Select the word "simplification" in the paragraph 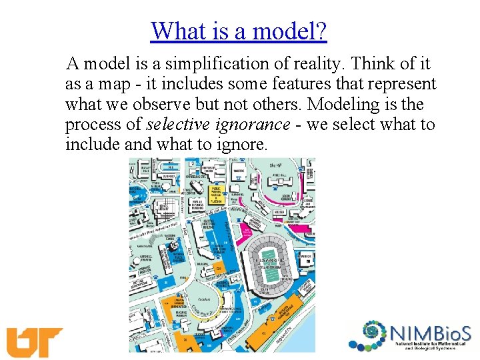tap(228, 64)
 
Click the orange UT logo tap(34, 342)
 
